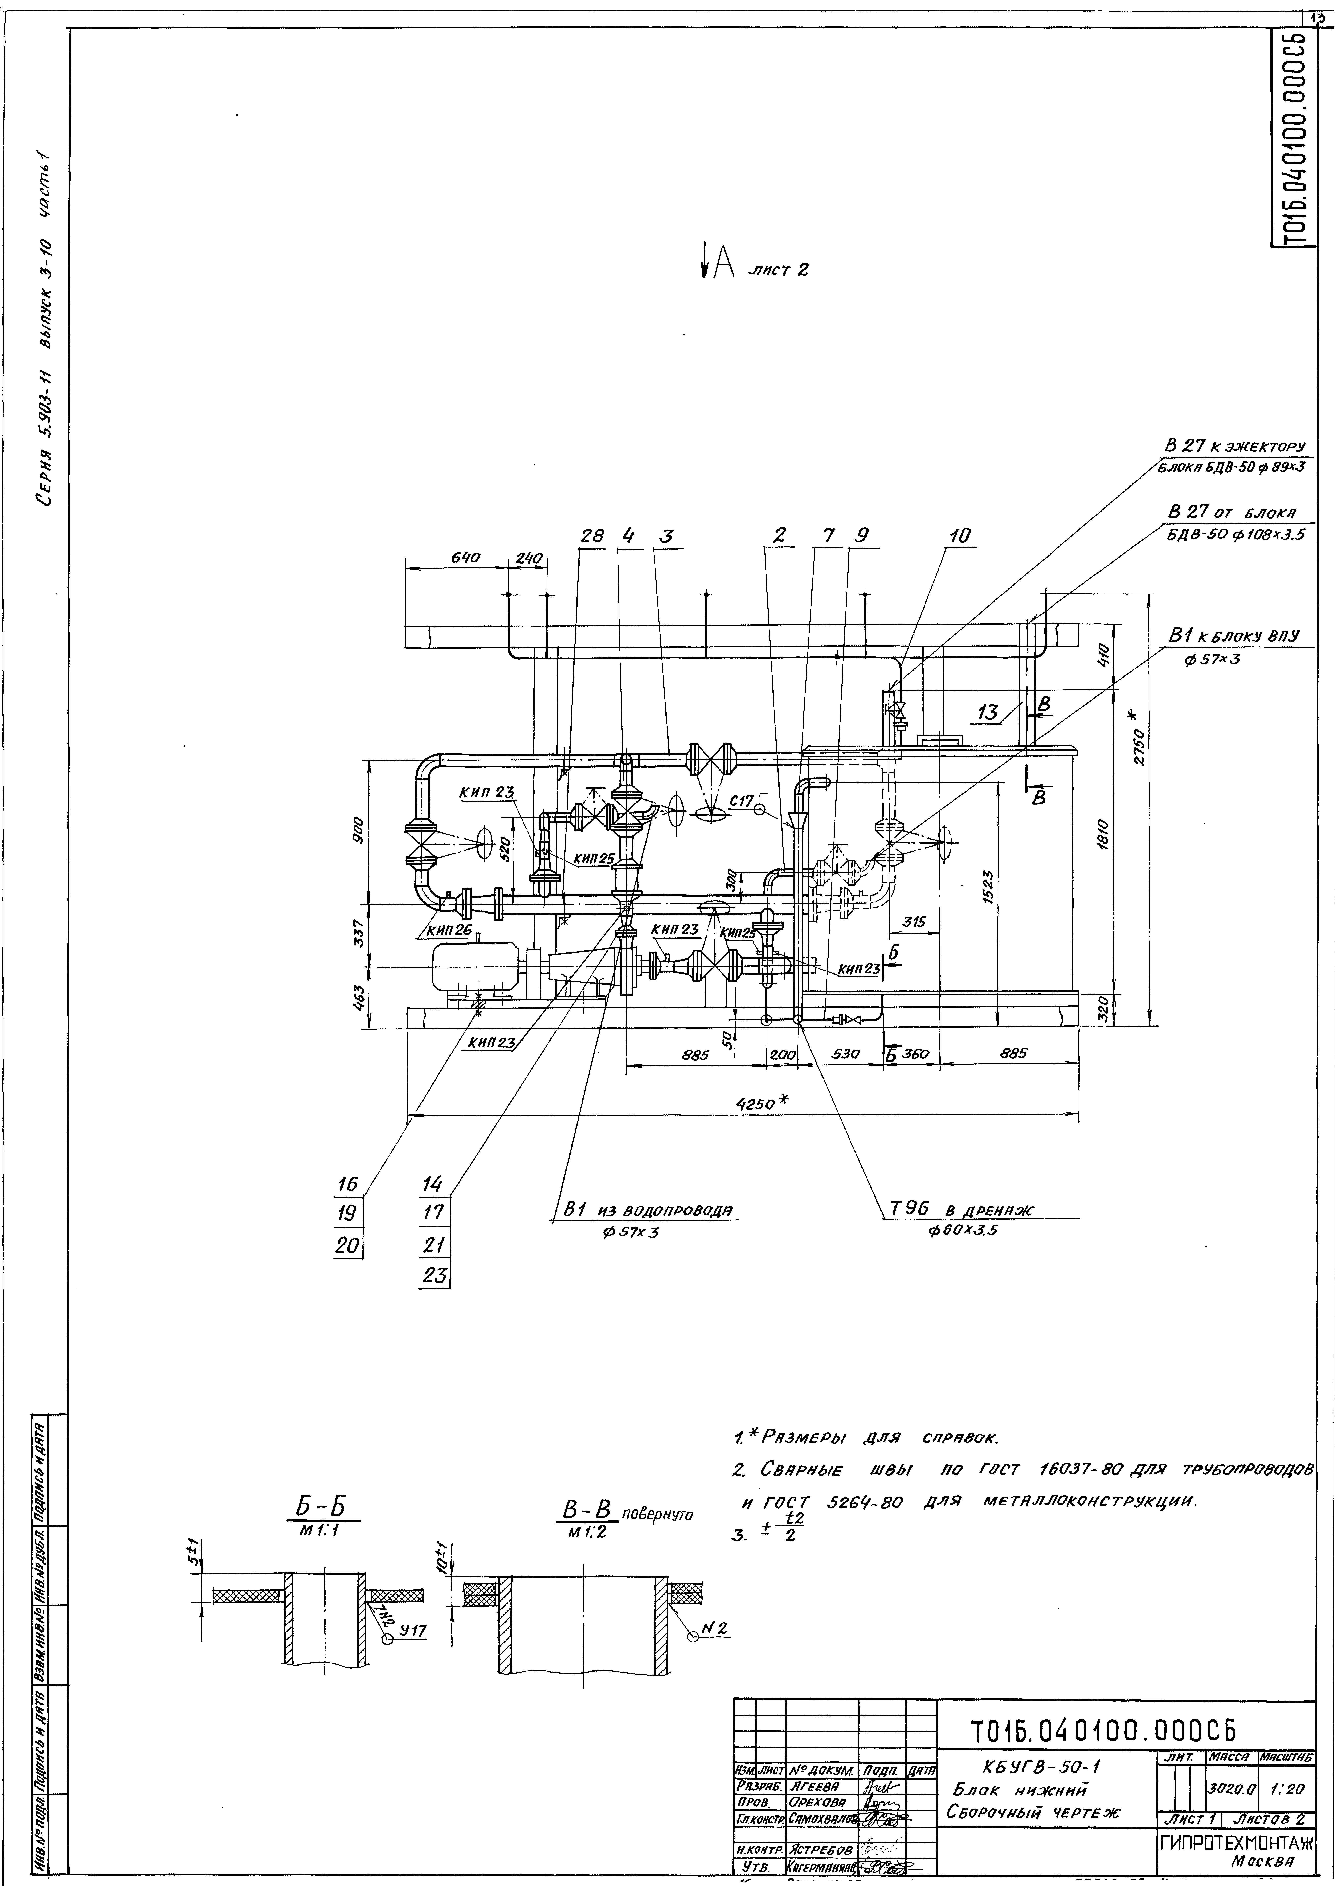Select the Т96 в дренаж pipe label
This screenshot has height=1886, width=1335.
pyautogui.click(x=962, y=1209)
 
